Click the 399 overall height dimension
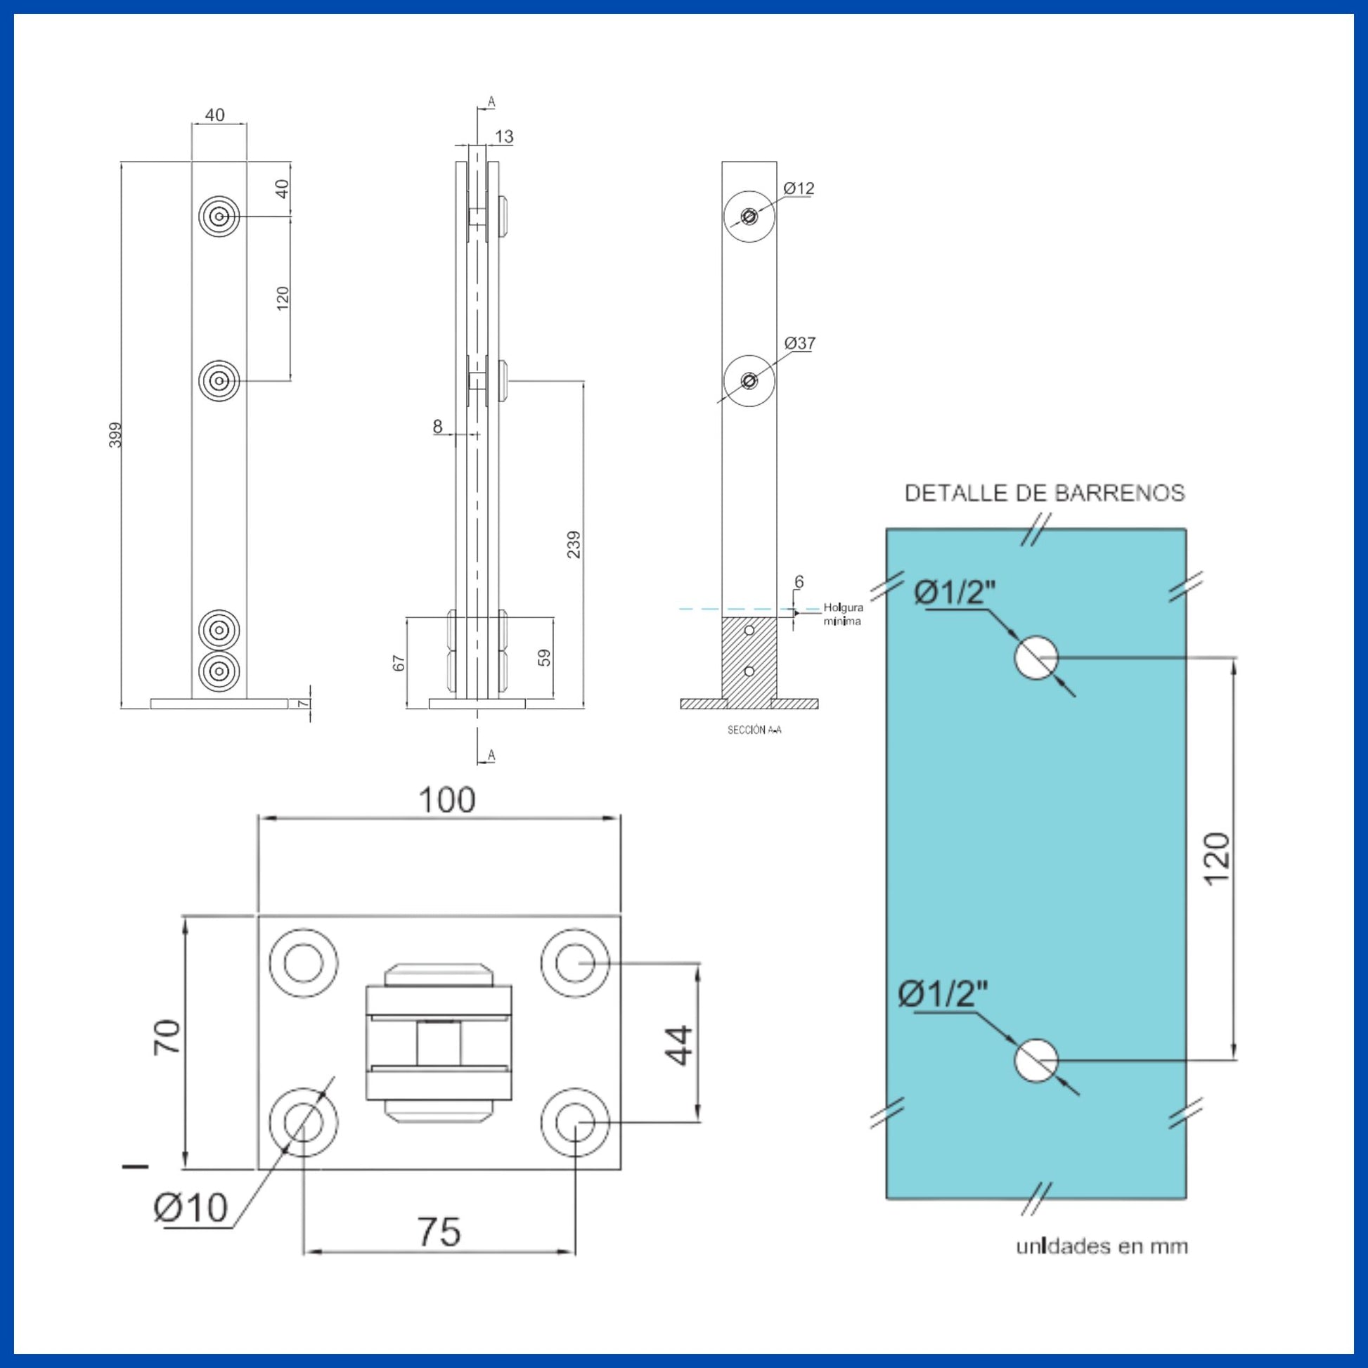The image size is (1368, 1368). click(115, 434)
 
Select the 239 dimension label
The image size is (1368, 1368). click(574, 544)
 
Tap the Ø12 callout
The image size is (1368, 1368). click(799, 188)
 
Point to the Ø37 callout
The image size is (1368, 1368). click(800, 344)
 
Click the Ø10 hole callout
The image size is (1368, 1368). click(191, 1207)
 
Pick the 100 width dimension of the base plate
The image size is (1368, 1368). click(447, 801)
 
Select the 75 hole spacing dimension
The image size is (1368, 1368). click(439, 1232)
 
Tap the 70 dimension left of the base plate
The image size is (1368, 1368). click(169, 1038)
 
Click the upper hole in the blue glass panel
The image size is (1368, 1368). click(1036, 658)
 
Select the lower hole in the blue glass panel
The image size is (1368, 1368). click(1036, 1061)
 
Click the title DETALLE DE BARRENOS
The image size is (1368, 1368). click(1045, 493)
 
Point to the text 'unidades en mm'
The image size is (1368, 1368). click(1102, 1266)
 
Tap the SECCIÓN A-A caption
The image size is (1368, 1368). click(754, 730)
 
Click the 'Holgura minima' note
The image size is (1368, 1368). click(843, 614)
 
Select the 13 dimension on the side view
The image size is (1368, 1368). click(504, 136)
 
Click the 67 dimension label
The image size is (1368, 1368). click(399, 664)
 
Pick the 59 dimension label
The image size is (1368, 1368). click(544, 658)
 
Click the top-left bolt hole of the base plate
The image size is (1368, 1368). click(303, 963)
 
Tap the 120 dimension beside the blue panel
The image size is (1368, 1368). click(1217, 859)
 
